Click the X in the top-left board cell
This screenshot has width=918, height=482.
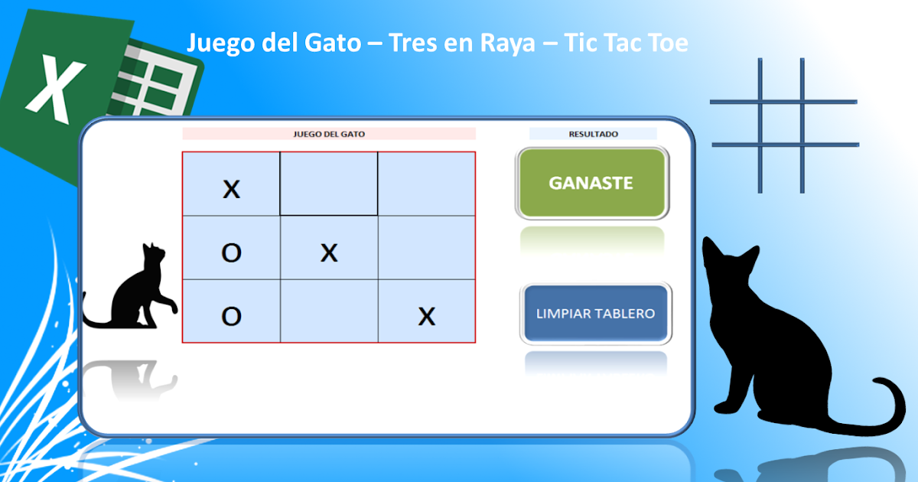click(231, 189)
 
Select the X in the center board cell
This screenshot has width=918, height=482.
click(329, 252)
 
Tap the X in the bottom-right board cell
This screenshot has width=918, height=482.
click(427, 315)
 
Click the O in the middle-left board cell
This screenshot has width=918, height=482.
click(231, 252)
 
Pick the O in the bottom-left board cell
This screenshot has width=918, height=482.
click(231, 315)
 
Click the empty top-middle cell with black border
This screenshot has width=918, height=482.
click(329, 184)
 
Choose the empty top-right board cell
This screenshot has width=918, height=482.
click(427, 184)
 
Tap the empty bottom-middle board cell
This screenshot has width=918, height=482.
click(329, 311)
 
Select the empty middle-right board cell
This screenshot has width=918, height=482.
click(427, 247)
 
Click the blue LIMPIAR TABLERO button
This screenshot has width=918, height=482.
click(595, 314)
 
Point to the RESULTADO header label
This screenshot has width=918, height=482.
click(593, 134)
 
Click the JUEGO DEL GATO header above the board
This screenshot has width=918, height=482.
click(329, 134)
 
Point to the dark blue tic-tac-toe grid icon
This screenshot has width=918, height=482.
click(783, 125)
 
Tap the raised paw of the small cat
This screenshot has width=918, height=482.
click(171, 307)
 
